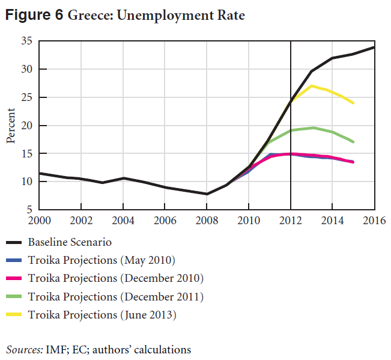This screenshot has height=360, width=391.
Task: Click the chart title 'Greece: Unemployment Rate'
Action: (156, 16)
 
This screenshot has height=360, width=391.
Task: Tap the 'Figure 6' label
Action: (34, 16)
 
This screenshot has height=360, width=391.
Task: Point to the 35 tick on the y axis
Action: (26, 41)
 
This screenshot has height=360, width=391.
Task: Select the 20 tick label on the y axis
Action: (26, 126)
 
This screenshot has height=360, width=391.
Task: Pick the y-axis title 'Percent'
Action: (11, 126)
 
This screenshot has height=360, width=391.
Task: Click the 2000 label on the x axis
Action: (40, 219)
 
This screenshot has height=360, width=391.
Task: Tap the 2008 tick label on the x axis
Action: (207, 219)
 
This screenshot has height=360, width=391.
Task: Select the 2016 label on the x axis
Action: (374, 219)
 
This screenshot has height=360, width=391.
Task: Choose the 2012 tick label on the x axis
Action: (291, 219)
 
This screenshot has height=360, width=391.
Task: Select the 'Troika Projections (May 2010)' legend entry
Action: (100, 260)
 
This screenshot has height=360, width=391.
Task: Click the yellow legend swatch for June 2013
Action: (14, 314)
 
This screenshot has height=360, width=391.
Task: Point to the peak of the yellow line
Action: (312, 86)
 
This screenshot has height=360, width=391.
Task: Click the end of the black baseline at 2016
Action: (374, 47)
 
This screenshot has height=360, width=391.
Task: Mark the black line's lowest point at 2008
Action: (207, 194)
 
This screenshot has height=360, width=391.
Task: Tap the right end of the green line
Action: (353, 142)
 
